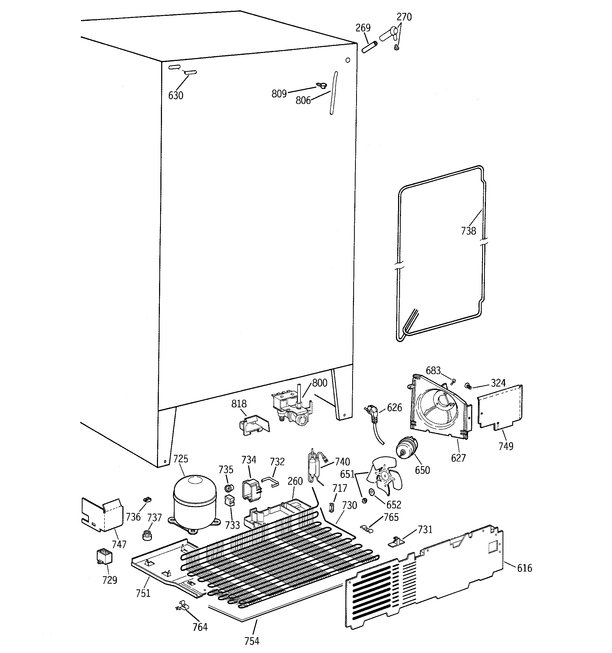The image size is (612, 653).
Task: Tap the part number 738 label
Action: (x=468, y=231)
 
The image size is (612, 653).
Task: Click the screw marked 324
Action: (x=468, y=386)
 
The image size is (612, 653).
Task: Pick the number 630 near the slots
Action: (x=175, y=96)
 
